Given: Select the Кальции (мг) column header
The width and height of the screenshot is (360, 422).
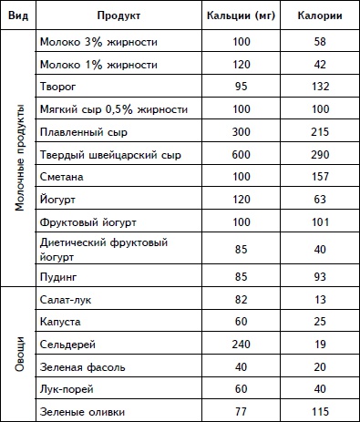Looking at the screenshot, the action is pyautogui.click(x=242, y=16).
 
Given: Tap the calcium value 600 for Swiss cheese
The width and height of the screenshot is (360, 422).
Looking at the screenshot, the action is pyautogui.click(x=242, y=153).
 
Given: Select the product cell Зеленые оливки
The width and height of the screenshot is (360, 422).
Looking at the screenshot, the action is pyautogui.click(x=82, y=413).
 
